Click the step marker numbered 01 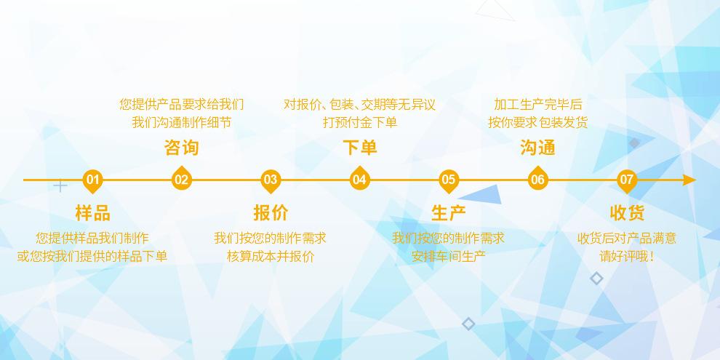(x=92, y=180)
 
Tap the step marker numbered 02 (x=181, y=180)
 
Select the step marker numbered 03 (x=271, y=180)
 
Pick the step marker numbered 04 (x=359, y=180)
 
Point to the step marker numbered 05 (x=449, y=180)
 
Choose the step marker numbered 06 (x=537, y=180)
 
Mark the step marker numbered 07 (x=627, y=180)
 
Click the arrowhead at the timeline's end (x=689, y=180)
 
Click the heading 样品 (x=92, y=213)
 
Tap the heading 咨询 (x=181, y=148)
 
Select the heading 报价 (x=271, y=213)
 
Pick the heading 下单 (x=359, y=148)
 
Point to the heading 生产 (x=449, y=213)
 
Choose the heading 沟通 (x=537, y=148)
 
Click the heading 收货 (x=627, y=213)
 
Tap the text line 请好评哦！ (x=627, y=256)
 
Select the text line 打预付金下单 (x=359, y=122)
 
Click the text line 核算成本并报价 (x=271, y=256)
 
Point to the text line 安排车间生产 (x=449, y=256)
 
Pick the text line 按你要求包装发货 (x=537, y=122)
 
